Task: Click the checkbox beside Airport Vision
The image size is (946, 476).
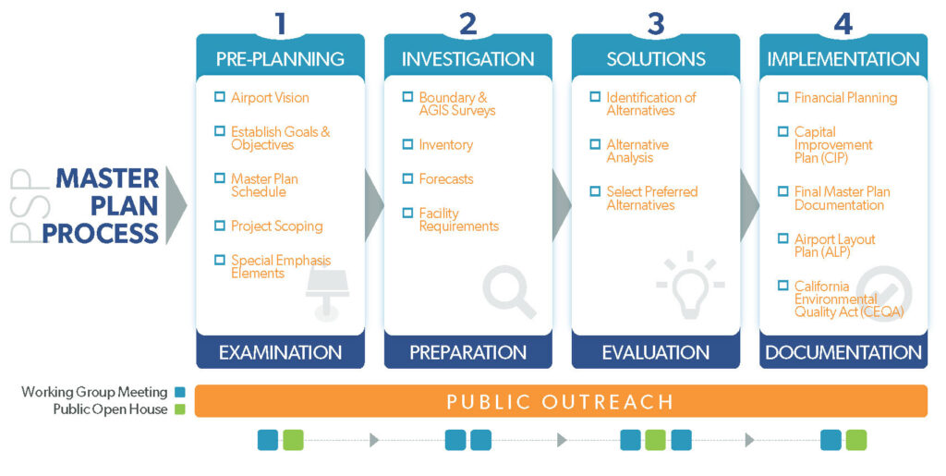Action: tap(220, 96)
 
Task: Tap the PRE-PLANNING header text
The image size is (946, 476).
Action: tap(280, 59)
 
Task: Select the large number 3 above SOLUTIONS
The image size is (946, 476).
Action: tap(656, 23)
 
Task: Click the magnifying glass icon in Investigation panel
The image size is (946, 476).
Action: tap(509, 293)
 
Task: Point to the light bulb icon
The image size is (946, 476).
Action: tap(690, 285)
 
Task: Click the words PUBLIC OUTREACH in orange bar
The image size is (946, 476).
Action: tap(560, 402)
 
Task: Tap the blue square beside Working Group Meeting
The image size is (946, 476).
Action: tap(180, 392)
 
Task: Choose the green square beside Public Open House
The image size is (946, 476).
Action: tap(180, 409)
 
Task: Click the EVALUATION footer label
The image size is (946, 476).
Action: tap(656, 353)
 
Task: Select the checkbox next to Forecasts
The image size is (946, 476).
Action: tap(407, 178)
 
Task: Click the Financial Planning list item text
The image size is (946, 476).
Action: tap(845, 98)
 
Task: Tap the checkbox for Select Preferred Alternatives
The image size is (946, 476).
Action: tap(596, 191)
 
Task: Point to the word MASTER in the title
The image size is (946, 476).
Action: tap(107, 179)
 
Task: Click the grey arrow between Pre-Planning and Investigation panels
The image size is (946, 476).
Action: tap(374, 205)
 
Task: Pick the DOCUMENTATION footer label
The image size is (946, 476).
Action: tap(843, 353)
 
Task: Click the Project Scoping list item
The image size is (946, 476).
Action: tap(277, 226)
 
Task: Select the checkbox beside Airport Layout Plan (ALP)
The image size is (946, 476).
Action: tap(783, 238)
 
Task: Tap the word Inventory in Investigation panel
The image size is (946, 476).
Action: tap(446, 145)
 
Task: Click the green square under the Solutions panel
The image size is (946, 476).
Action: tap(656, 440)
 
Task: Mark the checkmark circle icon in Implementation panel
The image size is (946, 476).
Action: tap(884, 294)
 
